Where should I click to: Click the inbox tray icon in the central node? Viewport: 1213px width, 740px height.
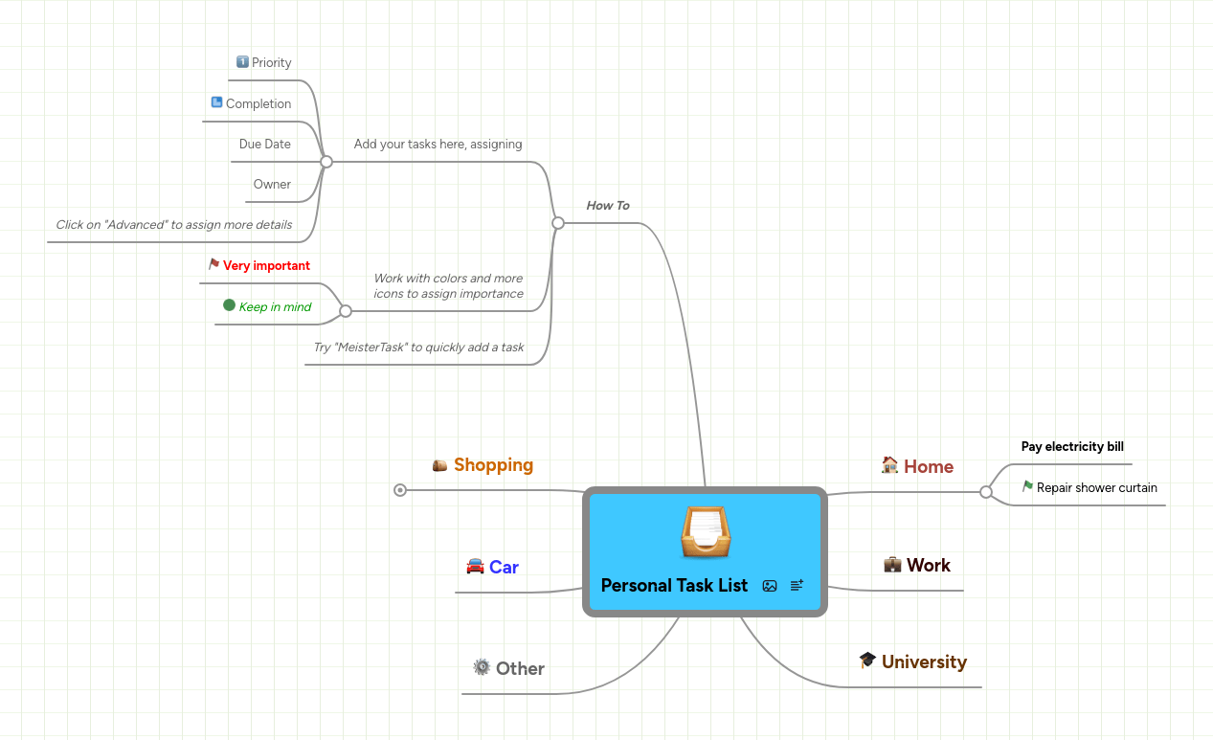706,532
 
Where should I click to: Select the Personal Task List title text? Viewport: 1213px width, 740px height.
674,586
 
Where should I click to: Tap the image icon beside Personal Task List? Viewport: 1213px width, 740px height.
770,586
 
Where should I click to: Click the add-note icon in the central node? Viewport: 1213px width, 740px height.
797,585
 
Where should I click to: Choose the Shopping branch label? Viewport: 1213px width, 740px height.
493,465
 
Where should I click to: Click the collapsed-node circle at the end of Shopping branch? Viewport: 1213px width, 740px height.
400,490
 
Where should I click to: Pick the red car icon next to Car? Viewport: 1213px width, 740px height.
475,566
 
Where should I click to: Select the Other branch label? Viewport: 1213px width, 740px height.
520,668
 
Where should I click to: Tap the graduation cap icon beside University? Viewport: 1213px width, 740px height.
867,660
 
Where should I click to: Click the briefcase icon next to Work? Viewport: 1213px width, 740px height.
892,564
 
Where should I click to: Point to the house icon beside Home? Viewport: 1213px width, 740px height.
889,465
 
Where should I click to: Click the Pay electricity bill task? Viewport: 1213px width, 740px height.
1072,447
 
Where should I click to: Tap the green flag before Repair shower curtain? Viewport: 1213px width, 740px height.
1027,486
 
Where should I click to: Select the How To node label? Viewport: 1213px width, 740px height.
607,206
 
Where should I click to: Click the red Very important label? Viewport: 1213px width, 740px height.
266,266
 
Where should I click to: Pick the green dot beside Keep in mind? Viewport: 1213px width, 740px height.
229,305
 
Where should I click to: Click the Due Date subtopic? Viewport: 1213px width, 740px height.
264,145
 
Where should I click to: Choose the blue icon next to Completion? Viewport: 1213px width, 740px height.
216,102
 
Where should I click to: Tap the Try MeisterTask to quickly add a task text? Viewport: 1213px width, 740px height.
418,348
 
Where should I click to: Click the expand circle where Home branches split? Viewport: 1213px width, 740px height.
986,492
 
